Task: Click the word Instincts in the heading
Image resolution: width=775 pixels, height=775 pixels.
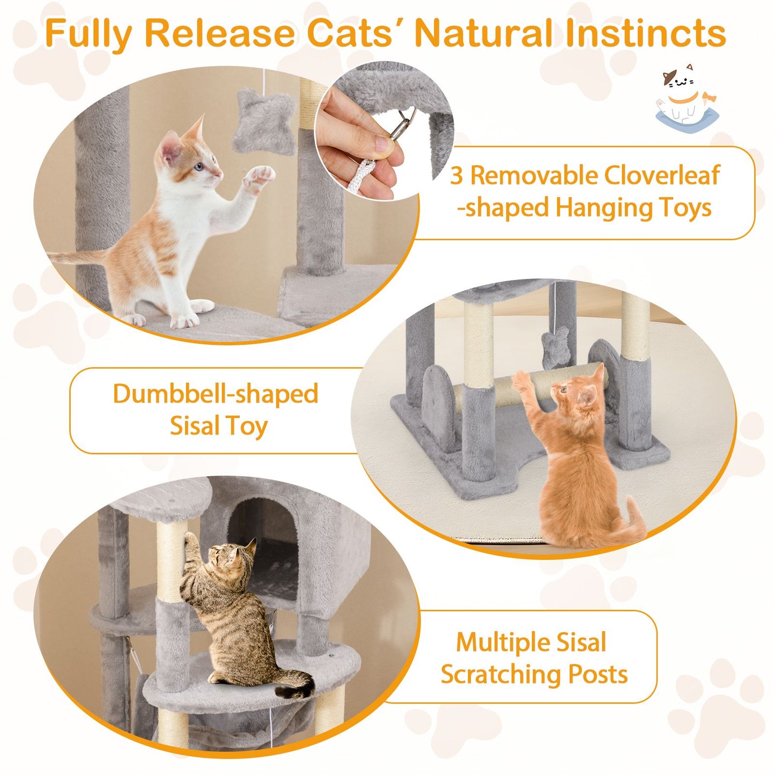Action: click(x=645, y=33)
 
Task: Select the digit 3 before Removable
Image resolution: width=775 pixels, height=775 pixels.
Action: click(x=456, y=176)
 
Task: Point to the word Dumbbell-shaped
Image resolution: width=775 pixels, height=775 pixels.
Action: click(x=216, y=394)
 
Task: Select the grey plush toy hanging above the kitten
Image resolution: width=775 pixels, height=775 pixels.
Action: click(x=264, y=121)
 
